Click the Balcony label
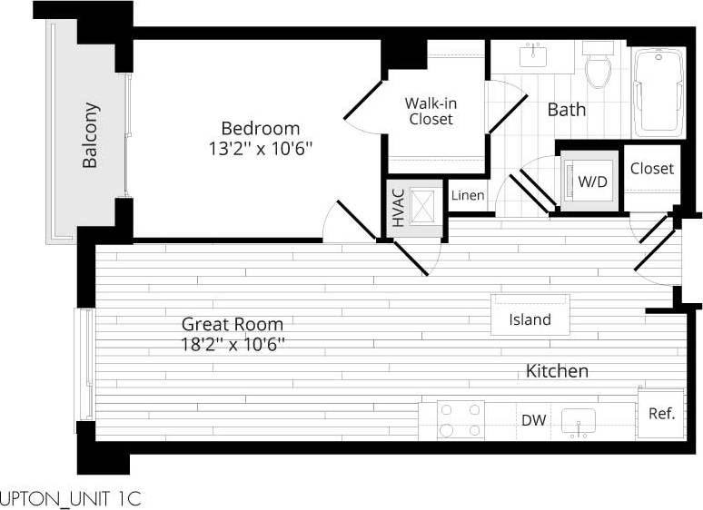pyautogui.click(x=91, y=135)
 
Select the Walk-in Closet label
pyautogui.click(x=430, y=111)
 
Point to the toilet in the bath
pyautogui.click(x=599, y=67)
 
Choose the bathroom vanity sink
pyautogui.click(x=533, y=55)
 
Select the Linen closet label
pyautogui.click(x=468, y=196)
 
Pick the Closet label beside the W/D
pyautogui.click(x=652, y=169)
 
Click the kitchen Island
pyautogui.click(x=530, y=319)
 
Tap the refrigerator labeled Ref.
pyautogui.click(x=660, y=414)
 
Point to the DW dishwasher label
pyautogui.click(x=532, y=420)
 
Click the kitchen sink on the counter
pyautogui.click(x=578, y=422)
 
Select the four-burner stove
pyautogui.click(x=460, y=420)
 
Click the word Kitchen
pyautogui.click(x=557, y=370)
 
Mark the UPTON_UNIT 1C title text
pyautogui.click(x=71, y=498)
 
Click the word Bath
pyautogui.click(x=566, y=110)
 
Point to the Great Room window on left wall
pyautogui.click(x=85, y=364)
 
